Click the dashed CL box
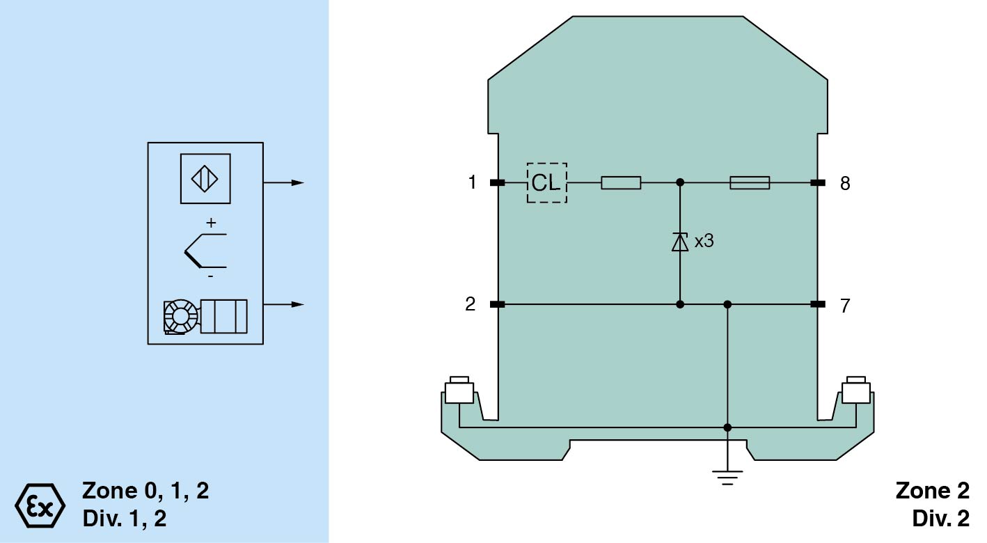(546, 183)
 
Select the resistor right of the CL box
(621, 183)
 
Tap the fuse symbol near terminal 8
(750, 183)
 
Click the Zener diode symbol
(680, 242)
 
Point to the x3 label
(704, 242)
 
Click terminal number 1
(473, 183)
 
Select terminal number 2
(471, 304)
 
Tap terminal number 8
(845, 184)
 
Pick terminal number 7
(845, 306)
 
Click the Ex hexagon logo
(40, 503)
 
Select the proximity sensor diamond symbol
(205, 179)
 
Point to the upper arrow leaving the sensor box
(285, 183)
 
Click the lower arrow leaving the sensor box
(285, 304)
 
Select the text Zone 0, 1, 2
(145, 491)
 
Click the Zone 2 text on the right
(932, 491)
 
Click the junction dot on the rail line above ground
(727, 427)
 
